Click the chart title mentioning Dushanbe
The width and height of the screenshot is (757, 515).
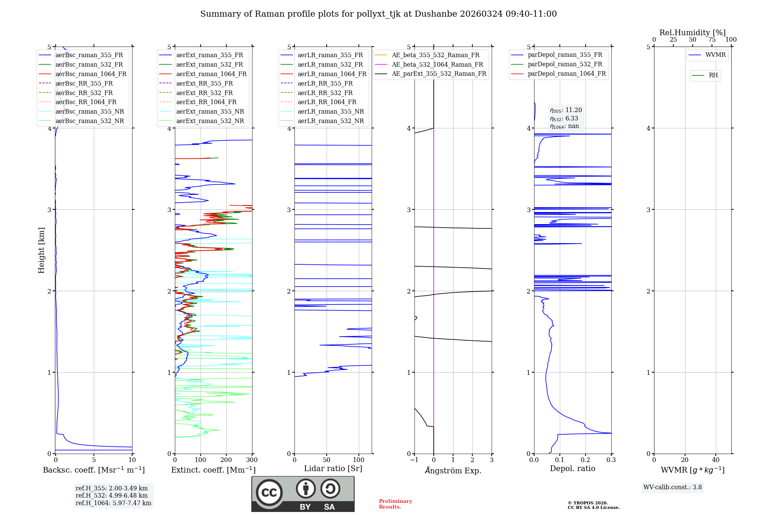click(x=378, y=14)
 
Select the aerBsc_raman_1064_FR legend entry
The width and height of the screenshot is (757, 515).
click(x=91, y=74)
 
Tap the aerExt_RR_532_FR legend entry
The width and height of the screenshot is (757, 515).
click(x=204, y=93)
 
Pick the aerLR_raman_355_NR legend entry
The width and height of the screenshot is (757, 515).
click(x=330, y=111)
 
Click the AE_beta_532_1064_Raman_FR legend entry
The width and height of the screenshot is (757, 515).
click(x=437, y=64)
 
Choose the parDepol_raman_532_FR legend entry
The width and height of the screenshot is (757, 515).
click(x=565, y=64)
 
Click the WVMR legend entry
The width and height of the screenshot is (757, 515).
click(x=715, y=55)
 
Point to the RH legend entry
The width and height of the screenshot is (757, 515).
click(x=713, y=75)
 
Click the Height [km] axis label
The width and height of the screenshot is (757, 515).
click(x=41, y=250)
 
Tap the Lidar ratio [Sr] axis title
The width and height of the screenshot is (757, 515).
click(x=333, y=468)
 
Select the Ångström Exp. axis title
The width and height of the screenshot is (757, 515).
click(x=453, y=470)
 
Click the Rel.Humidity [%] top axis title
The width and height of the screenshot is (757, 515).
click(x=692, y=33)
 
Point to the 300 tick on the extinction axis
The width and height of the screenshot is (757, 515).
click(x=252, y=460)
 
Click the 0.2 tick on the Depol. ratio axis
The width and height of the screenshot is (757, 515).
click(x=586, y=460)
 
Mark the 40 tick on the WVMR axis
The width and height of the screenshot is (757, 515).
click(x=716, y=460)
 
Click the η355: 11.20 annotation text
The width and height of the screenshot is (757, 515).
click(x=566, y=110)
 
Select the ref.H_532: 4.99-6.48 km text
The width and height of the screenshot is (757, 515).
click(x=112, y=495)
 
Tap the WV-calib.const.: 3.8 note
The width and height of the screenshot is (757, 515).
click(x=673, y=487)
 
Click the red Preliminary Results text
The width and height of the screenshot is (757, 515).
click(x=395, y=504)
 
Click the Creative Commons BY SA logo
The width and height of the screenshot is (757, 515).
click(x=303, y=494)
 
